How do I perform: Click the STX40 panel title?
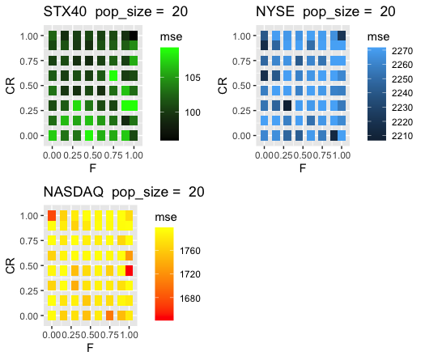(x=116, y=12)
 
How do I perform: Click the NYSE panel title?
(x=325, y=12)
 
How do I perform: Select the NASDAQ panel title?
(x=124, y=192)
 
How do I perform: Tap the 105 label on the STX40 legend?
(x=193, y=78)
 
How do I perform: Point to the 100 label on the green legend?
(x=193, y=112)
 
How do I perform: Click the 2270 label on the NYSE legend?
(x=402, y=51)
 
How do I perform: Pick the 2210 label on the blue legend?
(x=402, y=136)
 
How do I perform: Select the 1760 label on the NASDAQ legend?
(x=190, y=251)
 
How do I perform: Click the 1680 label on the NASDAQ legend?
(x=190, y=299)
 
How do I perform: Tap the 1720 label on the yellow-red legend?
(x=190, y=274)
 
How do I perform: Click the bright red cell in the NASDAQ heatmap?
(x=130, y=271)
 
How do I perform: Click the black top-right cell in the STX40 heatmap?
(x=134, y=36)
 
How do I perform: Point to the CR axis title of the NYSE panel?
(x=223, y=86)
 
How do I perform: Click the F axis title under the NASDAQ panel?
(x=90, y=348)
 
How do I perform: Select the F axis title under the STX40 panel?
(x=93, y=168)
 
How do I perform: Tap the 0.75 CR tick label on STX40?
(x=28, y=61)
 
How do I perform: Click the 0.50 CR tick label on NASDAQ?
(x=28, y=266)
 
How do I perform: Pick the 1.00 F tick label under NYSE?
(x=342, y=155)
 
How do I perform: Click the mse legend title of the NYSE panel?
(x=378, y=37)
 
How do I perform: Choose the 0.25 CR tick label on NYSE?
(x=241, y=111)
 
